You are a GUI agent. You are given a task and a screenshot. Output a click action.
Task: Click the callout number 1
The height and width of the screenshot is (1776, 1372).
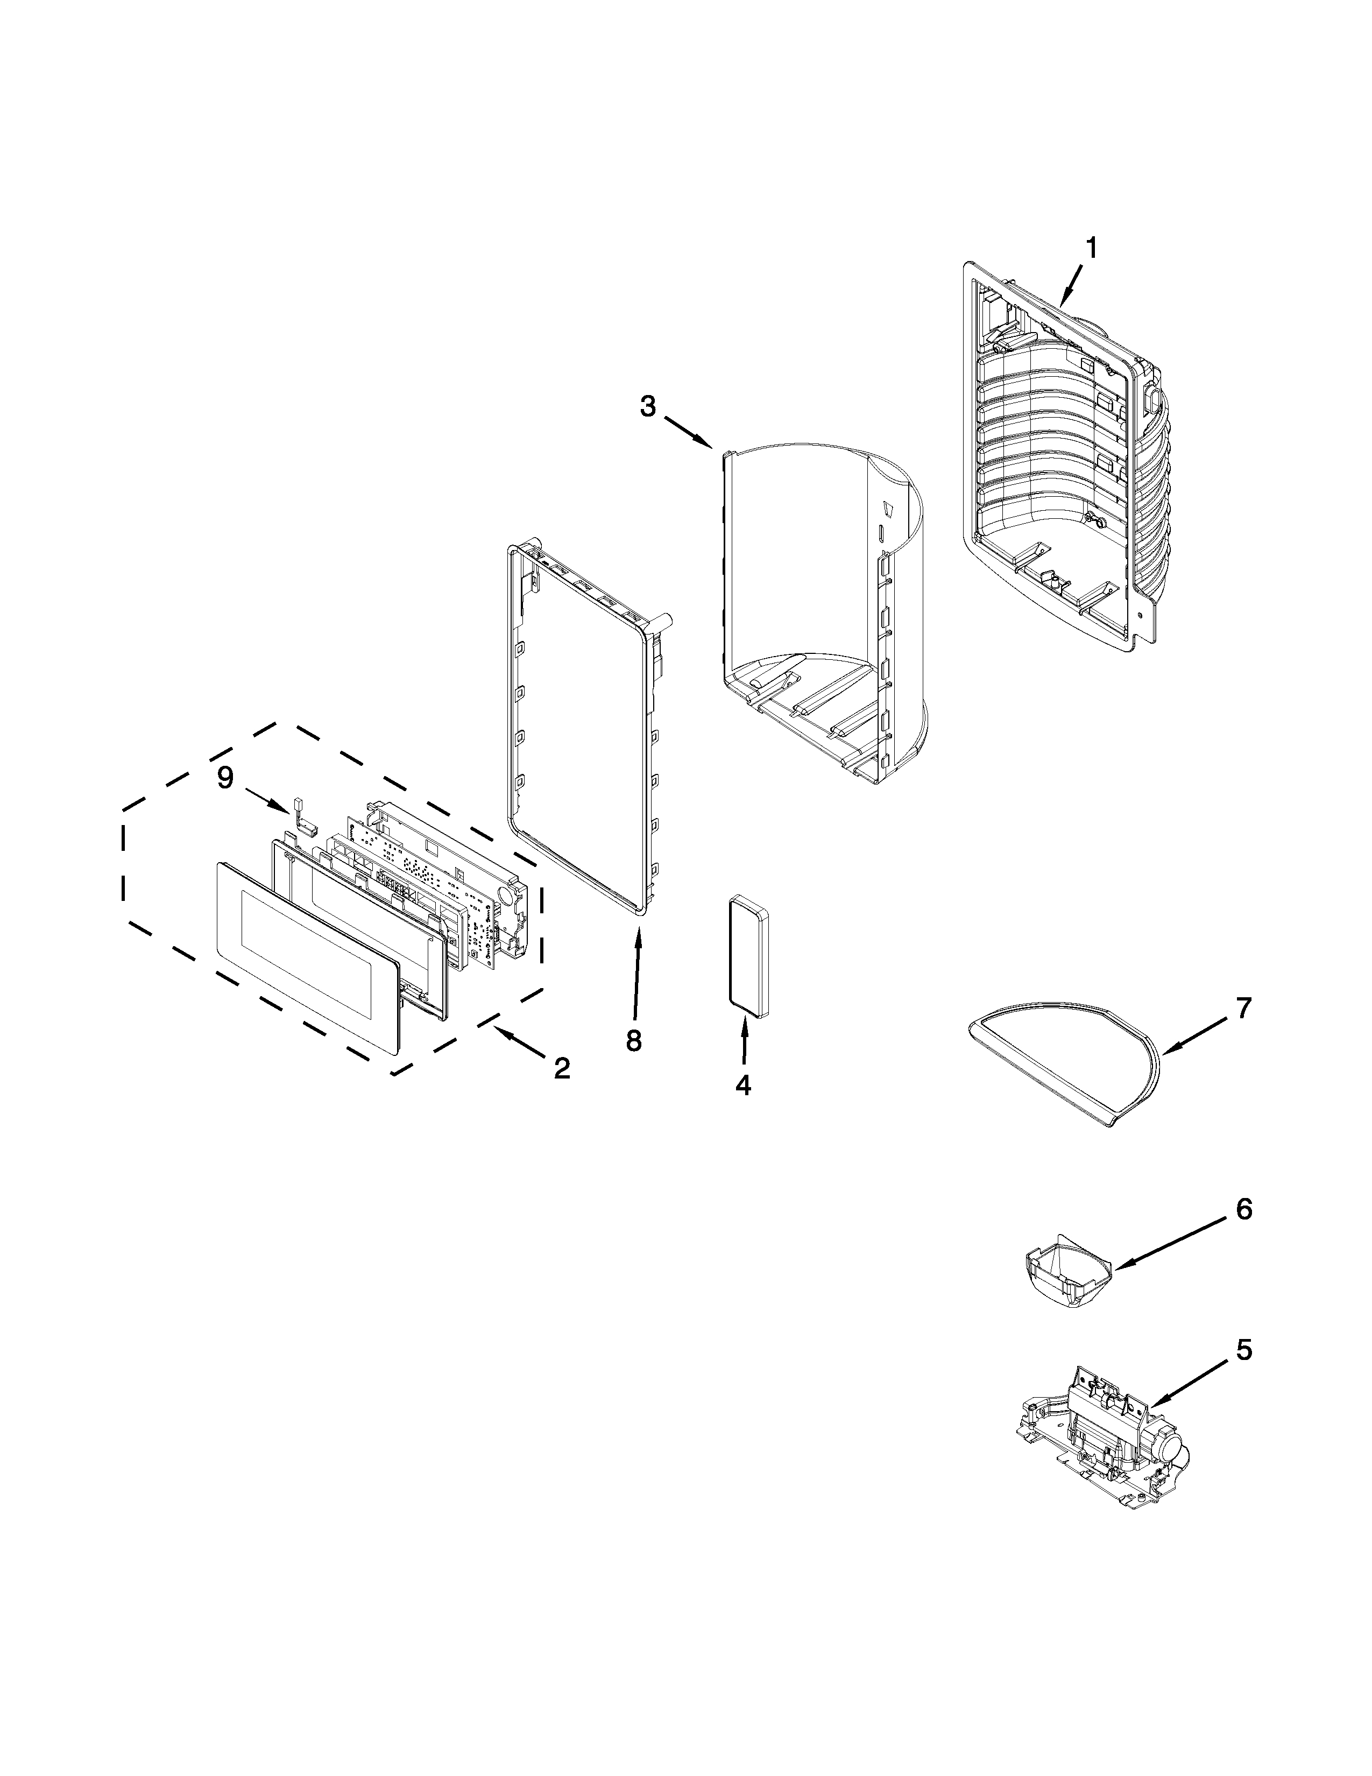pyautogui.click(x=1092, y=247)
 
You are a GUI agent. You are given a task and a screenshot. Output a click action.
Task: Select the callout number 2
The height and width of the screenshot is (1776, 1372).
pyautogui.click(x=562, y=1068)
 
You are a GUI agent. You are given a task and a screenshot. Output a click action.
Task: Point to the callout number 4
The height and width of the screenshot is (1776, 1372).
pyautogui.click(x=744, y=1085)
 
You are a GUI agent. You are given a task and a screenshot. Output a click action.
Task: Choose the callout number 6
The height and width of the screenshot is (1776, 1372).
pyautogui.click(x=1243, y=1232)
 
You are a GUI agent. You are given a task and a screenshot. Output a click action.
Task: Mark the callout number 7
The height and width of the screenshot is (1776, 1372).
pyautogui.click(x=1243, y=1009)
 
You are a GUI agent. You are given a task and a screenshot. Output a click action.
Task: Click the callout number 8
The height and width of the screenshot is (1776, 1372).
pyautogui.click(x=634, y=1039)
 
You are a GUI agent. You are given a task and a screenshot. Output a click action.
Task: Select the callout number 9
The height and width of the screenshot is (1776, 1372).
pyautogui.click(x=225, y=778)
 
